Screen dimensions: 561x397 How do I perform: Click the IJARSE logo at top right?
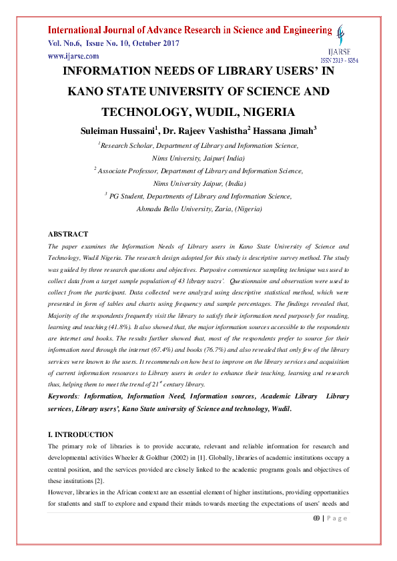(342, 37)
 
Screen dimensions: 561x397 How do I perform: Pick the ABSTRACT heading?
(67, 235)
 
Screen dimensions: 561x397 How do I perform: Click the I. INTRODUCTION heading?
(81, 434)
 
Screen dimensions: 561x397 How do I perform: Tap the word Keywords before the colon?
(65, 396)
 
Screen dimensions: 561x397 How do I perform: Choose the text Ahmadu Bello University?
(169, 209)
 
